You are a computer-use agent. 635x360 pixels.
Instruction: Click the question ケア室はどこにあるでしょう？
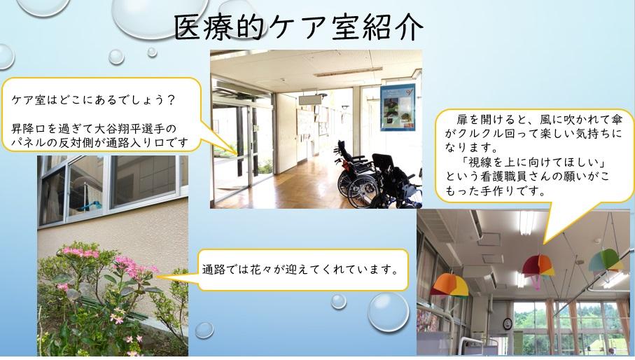(x=94, y=99)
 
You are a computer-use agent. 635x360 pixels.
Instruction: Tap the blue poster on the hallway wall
(x=397, y=107)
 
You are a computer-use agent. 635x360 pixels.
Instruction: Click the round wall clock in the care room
(x=508, y=323)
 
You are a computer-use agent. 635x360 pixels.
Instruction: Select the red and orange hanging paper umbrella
(x=538, y=266)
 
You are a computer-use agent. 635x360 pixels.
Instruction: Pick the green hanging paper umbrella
(x=606, y=260)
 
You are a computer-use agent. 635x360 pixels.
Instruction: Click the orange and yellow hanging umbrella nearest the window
(x=449, y=285)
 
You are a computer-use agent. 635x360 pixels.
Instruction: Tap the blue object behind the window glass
(x=89, y=206)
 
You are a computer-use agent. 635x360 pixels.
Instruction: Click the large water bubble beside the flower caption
(x=388, y=312)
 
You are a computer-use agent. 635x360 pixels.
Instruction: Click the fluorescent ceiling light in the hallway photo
(x=349, y=71)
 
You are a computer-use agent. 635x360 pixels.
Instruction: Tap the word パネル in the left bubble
(x=28, y=143)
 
